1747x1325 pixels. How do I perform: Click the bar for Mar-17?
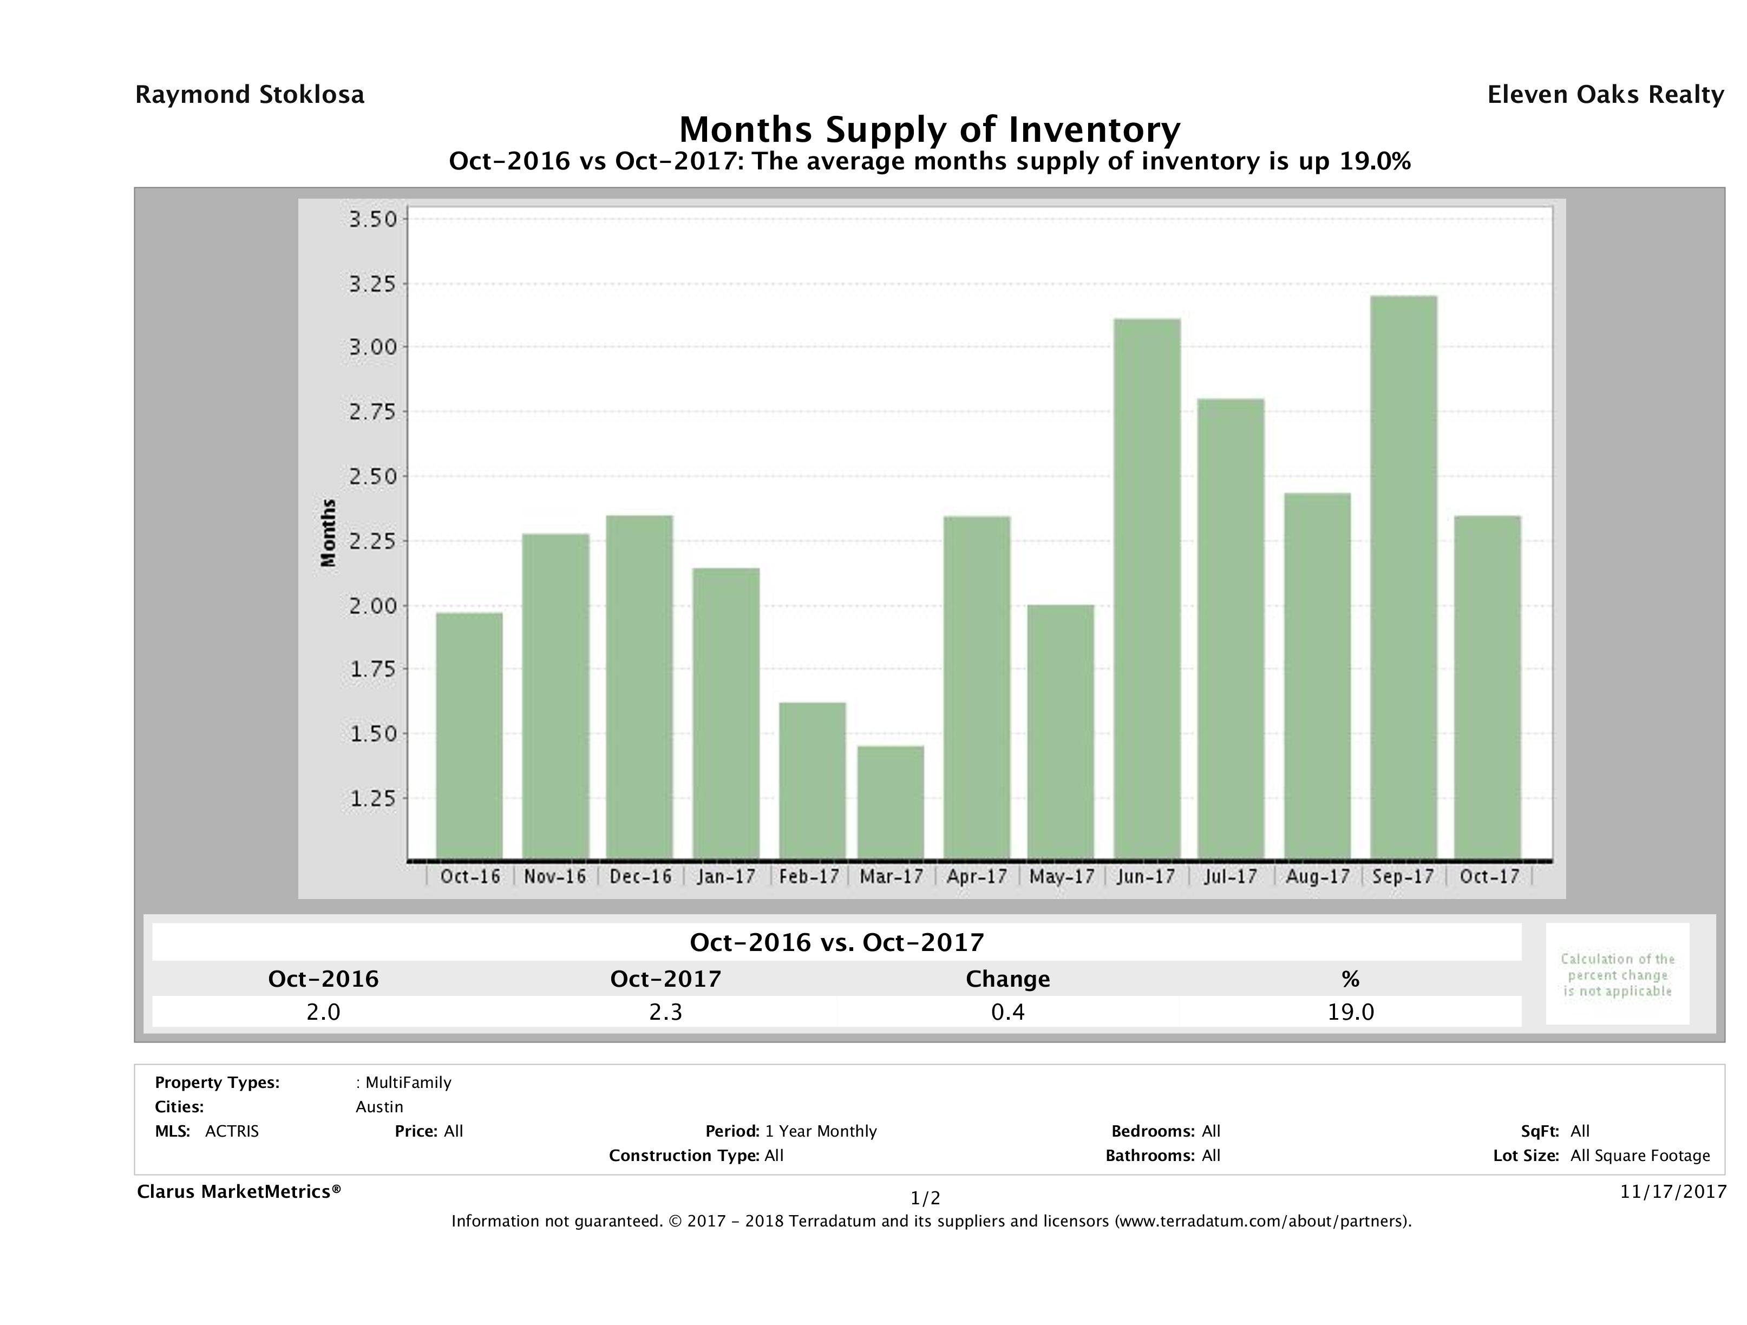[891, 803]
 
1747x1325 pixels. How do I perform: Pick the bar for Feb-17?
[812, 781]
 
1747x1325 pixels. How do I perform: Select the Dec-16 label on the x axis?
[640, 876]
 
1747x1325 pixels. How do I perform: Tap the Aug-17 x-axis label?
[1317, 876]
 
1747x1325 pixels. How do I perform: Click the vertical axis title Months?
[329, 533]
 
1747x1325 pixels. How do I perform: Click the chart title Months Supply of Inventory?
[930, 129]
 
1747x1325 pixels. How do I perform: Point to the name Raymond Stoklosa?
[250, 95]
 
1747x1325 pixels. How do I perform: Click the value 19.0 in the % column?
[1351, 1012]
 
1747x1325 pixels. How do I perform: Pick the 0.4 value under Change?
[1008, 1012]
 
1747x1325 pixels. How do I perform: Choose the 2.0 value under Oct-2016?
[323, 1012]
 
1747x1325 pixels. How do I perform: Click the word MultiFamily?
[408, 1083]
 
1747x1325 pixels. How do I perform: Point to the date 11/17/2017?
[1673, 1191]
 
